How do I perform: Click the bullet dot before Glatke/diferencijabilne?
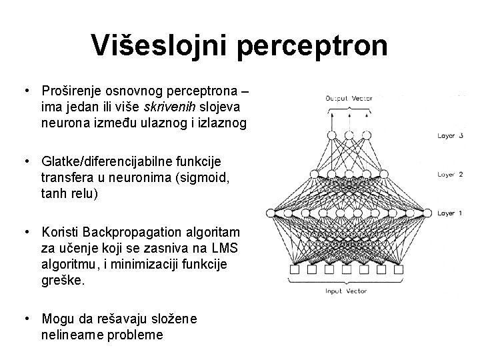25,161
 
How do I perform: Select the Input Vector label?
347,291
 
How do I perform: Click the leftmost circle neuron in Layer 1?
271,213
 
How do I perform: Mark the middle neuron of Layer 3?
347,135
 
